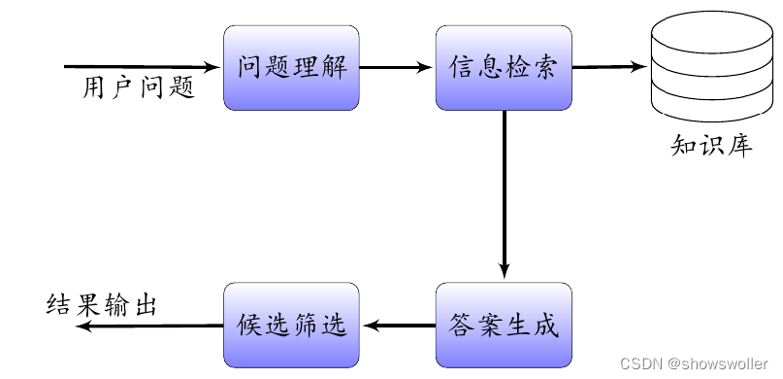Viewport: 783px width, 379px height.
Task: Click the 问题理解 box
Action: click(x=292, y=68)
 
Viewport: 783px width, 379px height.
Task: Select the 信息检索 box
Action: click(x=504, y=68)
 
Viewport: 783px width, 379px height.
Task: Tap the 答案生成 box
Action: click(x=504, y=325)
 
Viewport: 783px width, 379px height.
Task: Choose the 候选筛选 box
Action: click(x=292, y=325)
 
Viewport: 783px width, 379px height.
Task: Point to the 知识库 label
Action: click(x=711, y=147)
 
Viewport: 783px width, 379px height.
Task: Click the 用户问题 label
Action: click(x=138, y=88)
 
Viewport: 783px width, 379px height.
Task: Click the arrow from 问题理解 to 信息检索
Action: click(x=397, y=68)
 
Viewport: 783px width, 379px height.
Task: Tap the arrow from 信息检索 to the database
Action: click(x=609, y=68)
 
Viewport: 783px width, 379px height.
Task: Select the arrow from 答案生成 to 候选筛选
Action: click(x=397, y=326)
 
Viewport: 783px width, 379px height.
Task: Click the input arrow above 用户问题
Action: click(x=144, y=67)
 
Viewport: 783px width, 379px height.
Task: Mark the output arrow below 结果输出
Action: click(x=150, y=326)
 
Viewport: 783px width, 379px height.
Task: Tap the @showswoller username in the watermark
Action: click(x=717, y=362)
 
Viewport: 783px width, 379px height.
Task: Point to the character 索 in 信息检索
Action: click(x=545, y=68)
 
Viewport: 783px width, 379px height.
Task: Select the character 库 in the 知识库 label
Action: click(x=740, y=147)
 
